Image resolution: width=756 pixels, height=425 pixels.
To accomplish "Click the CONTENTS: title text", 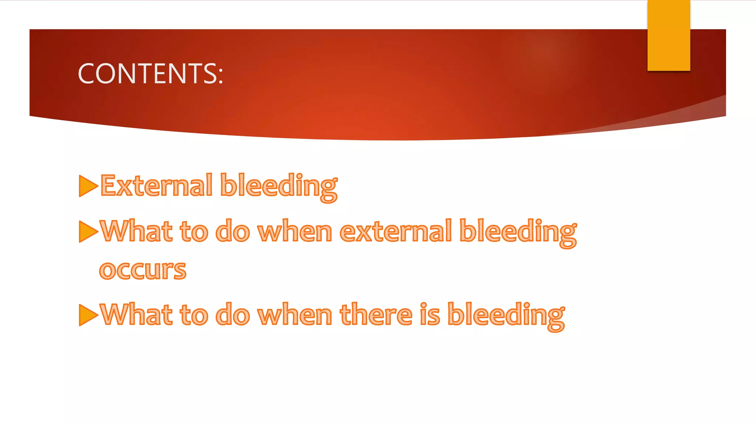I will [150, 73].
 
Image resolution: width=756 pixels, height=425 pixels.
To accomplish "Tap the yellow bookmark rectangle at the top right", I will [669, 35].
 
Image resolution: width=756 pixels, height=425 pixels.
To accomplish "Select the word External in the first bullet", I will [157, 186].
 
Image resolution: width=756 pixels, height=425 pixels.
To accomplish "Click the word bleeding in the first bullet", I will [279, 187].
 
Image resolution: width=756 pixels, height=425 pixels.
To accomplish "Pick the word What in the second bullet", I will [136, 232].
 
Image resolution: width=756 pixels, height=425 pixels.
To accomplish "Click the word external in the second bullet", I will [395, 232].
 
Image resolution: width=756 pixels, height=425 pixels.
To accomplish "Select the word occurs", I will [142, 270].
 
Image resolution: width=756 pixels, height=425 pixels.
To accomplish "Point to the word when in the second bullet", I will [295, 232].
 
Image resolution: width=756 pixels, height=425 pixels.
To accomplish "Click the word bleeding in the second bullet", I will [518, 232].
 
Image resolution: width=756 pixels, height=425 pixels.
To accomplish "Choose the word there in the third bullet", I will [376, 315].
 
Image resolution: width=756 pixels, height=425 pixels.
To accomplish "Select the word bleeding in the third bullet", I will [506, 316].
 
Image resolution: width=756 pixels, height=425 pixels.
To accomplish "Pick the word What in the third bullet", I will [136, 315].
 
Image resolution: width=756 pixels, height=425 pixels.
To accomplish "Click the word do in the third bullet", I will [233, 315].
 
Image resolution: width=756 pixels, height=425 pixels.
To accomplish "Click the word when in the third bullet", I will [295, 315].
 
